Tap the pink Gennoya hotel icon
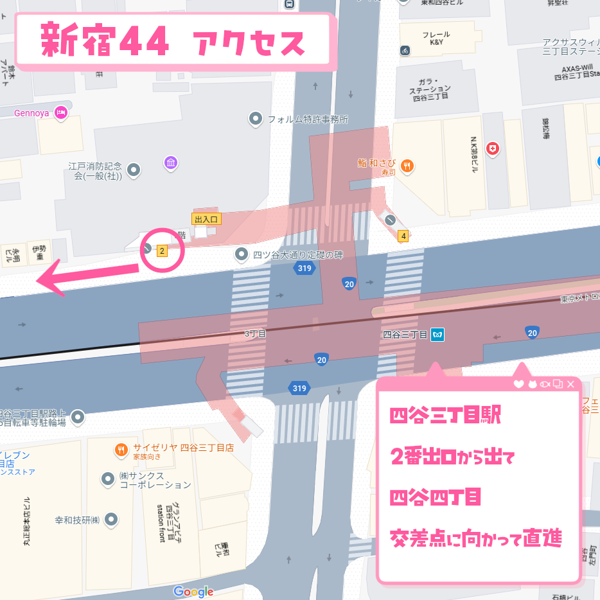(61, 113)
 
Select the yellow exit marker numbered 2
(163, 251)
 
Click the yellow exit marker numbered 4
(403, 235)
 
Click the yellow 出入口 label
(207, 219)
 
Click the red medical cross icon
(493, 148)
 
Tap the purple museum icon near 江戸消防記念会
(170, 163)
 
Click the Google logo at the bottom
(193, 592)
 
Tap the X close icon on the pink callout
(570, 384)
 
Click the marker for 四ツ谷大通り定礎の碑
(242, 254)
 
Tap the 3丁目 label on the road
(255, 334)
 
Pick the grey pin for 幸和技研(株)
(112, 519)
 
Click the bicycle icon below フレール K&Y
(405, 49)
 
